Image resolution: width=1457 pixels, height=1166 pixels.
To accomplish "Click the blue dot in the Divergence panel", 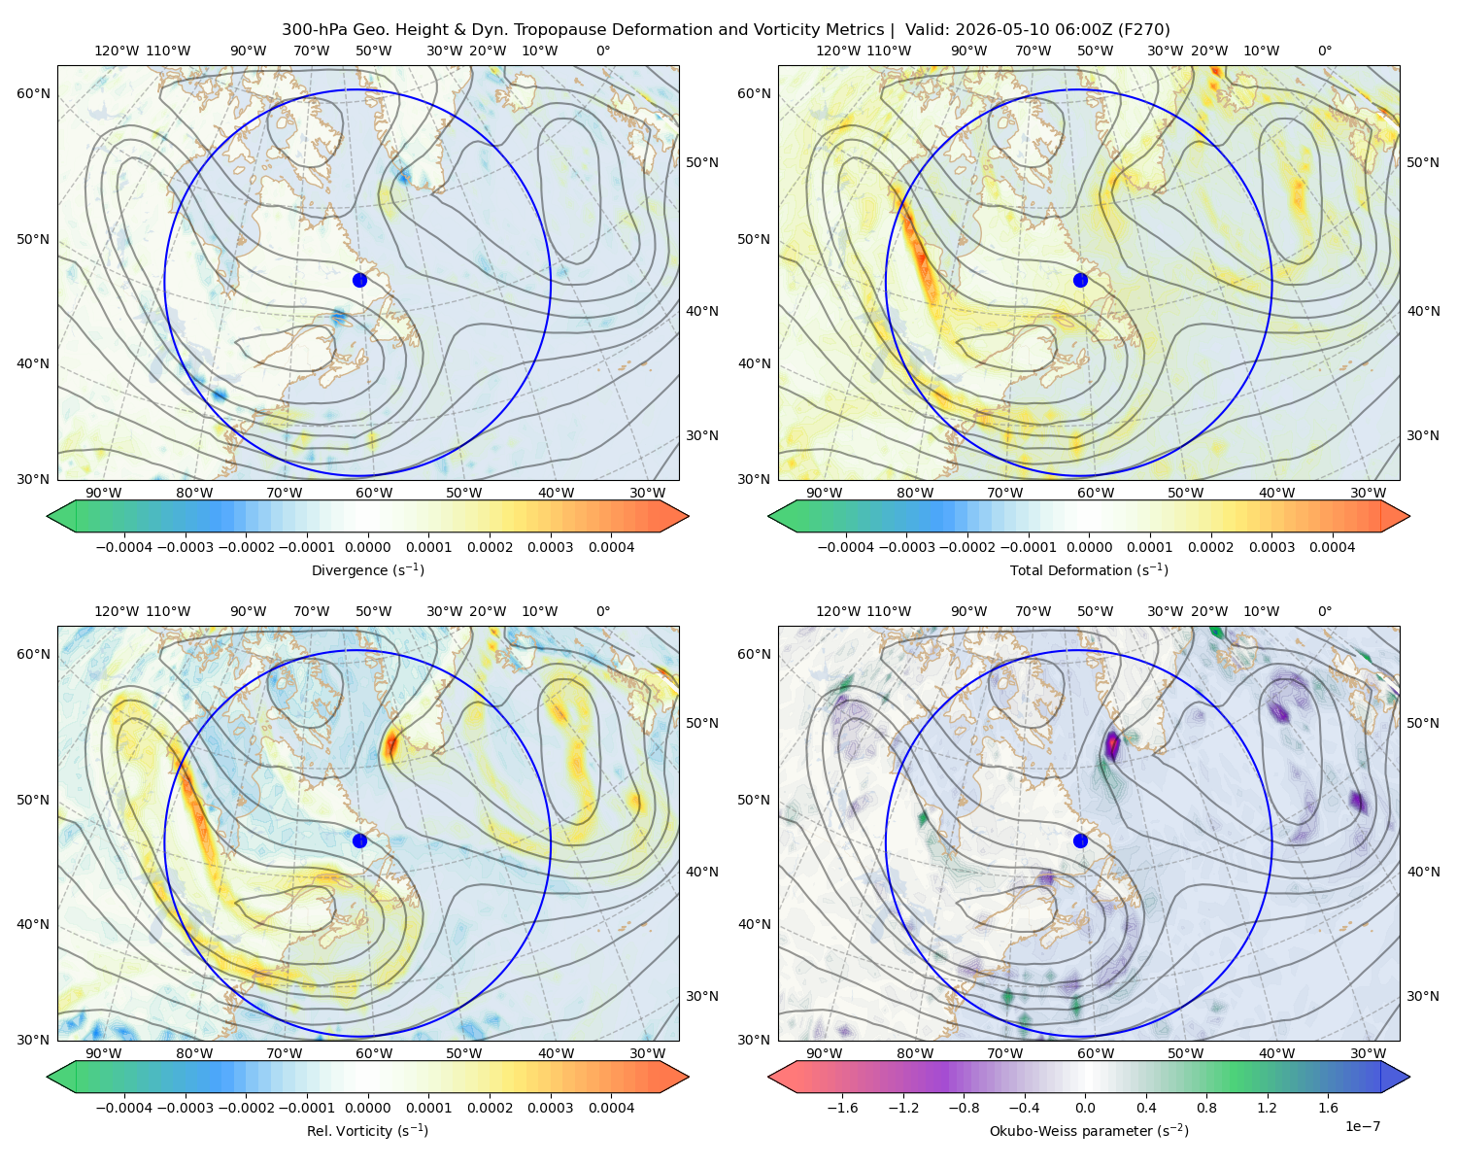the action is tap(359, 280).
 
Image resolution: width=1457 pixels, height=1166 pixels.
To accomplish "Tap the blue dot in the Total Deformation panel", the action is tap(1080, 280).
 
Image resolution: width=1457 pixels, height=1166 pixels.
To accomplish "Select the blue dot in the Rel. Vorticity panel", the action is tap(359, 840).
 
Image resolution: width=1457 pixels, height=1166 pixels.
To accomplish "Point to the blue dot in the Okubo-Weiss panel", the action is tap(1080, 840).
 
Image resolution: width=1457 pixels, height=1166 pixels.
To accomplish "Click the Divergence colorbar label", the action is tap(367, 569).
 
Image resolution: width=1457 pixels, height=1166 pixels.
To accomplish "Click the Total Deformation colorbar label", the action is tap(1089, 569).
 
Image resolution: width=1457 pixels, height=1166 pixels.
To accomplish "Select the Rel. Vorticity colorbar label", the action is tap(367, 1131).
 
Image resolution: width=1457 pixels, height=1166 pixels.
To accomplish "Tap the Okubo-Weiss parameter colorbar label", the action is tap(1089, 1131).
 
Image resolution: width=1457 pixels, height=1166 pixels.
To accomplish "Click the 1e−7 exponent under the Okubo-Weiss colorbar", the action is tap(1362, 1126).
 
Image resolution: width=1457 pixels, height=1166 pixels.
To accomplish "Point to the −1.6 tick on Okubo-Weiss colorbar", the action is tap(842, 1108).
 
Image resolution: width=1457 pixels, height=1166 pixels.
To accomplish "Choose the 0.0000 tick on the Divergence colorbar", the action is tap(367, 547).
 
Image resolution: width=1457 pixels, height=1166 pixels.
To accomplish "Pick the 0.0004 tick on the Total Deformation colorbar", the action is tap(1332, 547).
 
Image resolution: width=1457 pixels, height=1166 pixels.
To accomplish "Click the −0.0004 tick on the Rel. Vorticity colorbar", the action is tap(124, 1108).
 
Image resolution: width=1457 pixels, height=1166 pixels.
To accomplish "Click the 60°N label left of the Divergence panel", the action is tap(33, 93).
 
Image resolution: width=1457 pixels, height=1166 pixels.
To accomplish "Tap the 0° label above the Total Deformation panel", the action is tap(1324, 51).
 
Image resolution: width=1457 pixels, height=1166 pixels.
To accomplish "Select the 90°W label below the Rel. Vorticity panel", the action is tap(104, 1053).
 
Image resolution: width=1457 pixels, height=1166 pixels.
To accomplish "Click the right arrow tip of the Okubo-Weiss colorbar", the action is tap(1409, 1077).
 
